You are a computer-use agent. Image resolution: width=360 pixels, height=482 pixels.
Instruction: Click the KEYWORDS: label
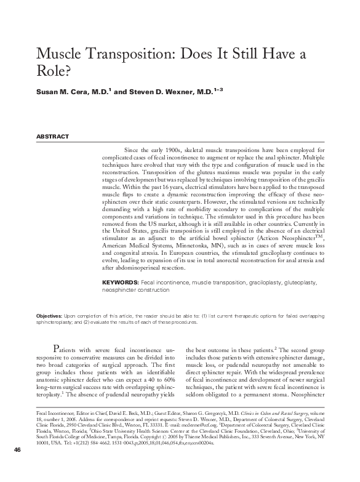[x=120, y=281]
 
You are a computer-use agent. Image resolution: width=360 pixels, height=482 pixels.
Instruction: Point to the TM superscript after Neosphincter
[x=319, y=235]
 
